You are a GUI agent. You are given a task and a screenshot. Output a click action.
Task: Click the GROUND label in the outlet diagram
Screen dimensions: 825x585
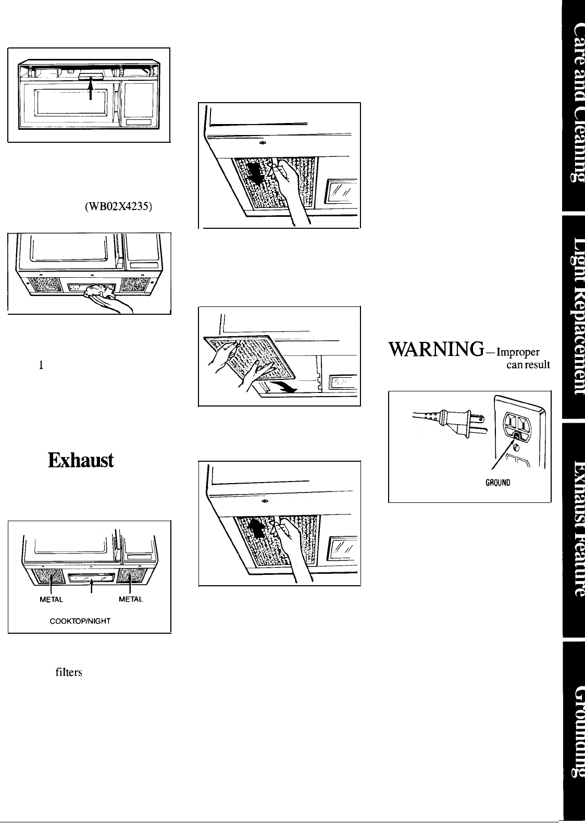tap(495, 482)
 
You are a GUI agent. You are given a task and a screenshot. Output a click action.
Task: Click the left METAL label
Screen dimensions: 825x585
tap(52, 599)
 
